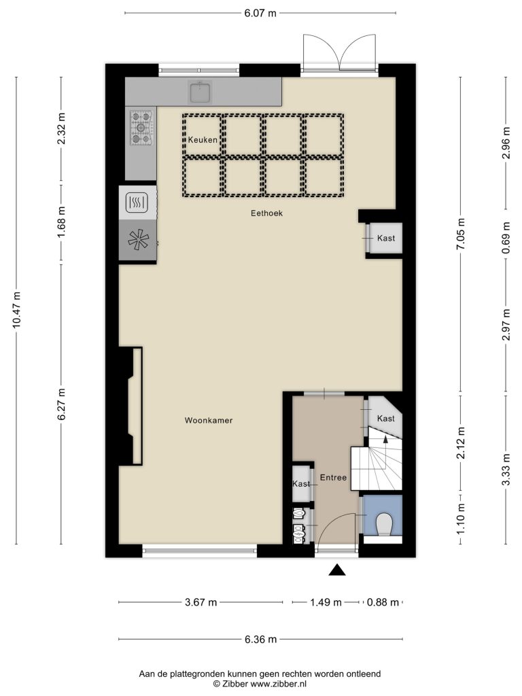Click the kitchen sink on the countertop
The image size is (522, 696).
201,92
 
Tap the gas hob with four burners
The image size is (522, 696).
141,128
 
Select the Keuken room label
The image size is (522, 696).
203,140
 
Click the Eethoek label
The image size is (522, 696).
266,213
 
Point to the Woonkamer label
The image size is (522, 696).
209,420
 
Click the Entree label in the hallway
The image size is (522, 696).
333,478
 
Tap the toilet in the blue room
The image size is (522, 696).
383,524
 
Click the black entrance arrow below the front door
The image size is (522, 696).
337,570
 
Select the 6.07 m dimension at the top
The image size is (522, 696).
260,14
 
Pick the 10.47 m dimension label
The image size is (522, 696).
16,310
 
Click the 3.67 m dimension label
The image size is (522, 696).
201,602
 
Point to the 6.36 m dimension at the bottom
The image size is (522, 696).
260,639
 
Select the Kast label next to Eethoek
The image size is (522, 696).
386,239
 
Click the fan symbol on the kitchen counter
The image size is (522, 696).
138,240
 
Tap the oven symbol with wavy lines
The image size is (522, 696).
136,203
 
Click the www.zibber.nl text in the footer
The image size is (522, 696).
278,684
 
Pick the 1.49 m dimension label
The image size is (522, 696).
326,602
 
